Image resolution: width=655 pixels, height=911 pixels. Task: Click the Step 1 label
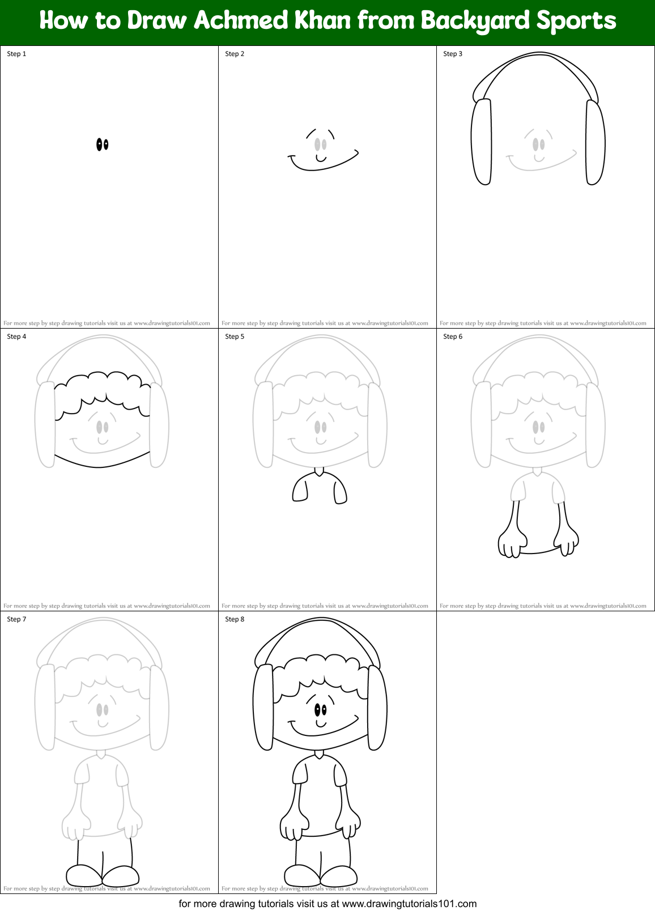pyautogui.click(x=16, y=54)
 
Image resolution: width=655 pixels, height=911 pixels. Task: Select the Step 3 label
pyautogui.click(x=453, y=54)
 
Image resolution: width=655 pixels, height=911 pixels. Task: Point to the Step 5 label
pyautogui.click(x=235, y=337)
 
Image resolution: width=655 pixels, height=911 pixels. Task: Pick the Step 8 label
pyautogui.click(x=235, y=619)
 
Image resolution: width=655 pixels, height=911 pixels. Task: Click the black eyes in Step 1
pyautogui.click(x=102, y=144)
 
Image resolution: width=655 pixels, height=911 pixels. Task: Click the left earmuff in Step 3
pyautogui.click(x=482, y=142)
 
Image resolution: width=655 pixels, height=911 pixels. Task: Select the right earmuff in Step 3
pyautogui.click(x=595, y=142)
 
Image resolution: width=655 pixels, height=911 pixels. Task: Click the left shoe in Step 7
pyautogui.click(x=84, y=875)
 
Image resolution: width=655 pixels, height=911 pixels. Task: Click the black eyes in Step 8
pyautogui.click(x=320, y=709)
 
